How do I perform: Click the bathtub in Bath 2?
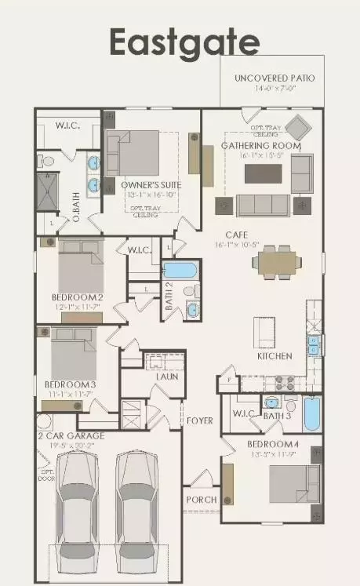180,271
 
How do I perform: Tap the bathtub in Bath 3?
311,414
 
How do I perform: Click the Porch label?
200,500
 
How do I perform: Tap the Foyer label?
199,420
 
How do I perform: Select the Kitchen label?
275,355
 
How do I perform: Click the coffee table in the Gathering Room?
264,173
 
